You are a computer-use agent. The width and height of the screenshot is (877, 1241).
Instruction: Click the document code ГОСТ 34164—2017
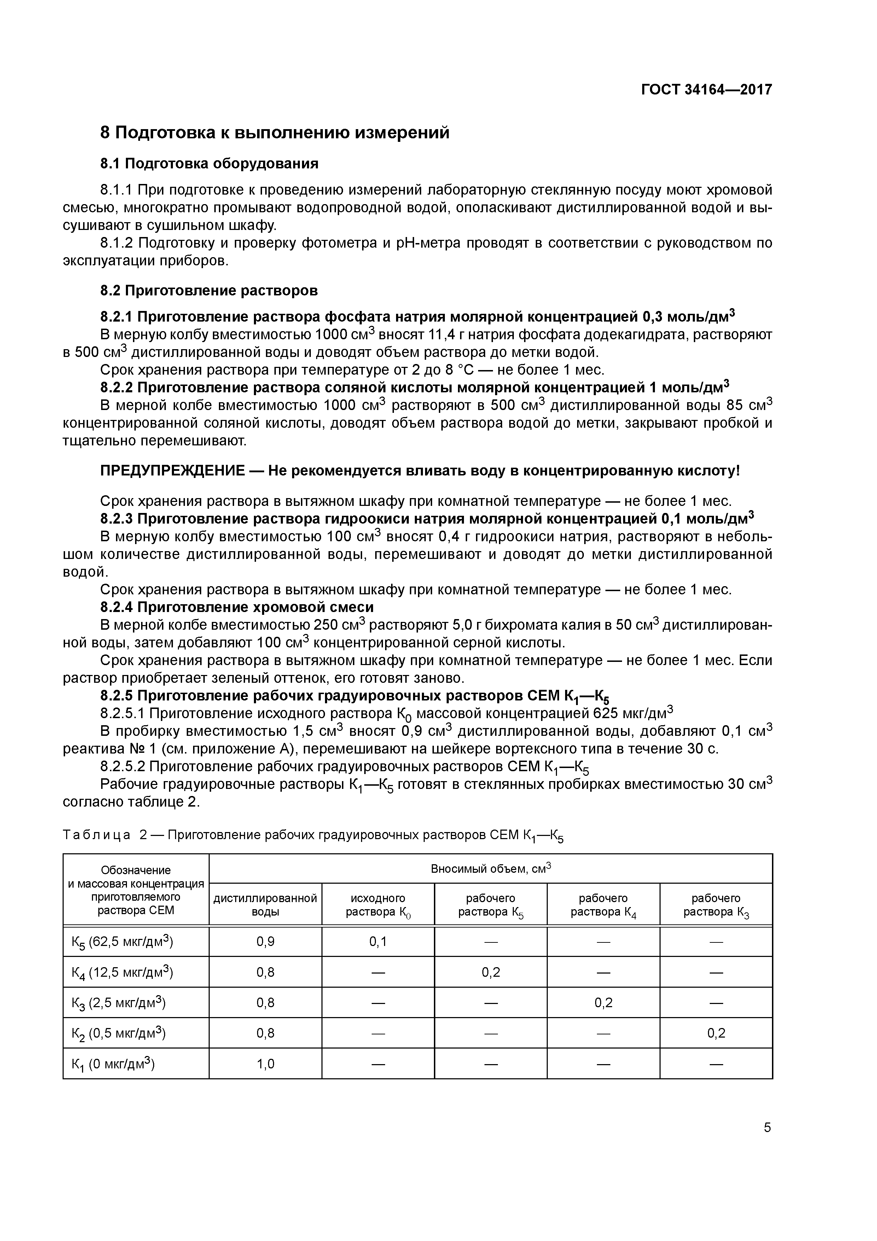(x=706, y=90)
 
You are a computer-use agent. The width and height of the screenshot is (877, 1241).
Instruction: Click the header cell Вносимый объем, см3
(x=490, y=869)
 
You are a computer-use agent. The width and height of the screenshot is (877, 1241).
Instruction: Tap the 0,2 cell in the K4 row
(x=490, y=972)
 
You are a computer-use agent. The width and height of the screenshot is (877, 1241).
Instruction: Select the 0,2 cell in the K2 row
(x=716, y=1033)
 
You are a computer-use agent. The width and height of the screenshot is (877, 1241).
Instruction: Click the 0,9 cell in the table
(x=265, y=942)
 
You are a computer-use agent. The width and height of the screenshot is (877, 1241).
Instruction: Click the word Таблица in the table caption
(x=97, y=835)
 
